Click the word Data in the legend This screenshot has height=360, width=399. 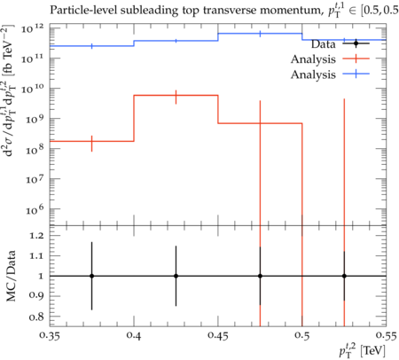pos(323,44)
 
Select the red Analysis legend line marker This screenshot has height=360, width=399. pos(356,59)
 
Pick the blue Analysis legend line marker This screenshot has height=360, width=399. pos(356,74)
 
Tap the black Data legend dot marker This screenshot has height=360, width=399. pos(356,43)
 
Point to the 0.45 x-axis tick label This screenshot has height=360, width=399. pos(218,336)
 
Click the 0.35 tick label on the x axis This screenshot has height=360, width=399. pos(51,336)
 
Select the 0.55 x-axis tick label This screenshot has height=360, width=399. pos(387,336)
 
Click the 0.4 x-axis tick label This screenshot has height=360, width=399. pos(134,336)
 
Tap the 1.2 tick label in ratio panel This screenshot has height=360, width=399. pos(36,236)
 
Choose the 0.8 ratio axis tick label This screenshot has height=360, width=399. pos(36,317)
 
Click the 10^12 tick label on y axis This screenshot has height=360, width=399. pos(33,28)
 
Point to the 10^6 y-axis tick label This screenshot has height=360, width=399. pos(33,209)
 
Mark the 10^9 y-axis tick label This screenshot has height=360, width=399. pos(33,119)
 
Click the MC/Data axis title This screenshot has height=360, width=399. pos(11,276)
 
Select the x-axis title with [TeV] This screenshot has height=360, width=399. pos(362,351)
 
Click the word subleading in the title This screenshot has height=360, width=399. pos(146,11)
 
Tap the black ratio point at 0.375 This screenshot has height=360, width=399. pos(92,276)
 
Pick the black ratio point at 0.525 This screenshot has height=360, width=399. pos(344,276)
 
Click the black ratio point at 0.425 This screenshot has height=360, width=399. pos(176,276)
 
